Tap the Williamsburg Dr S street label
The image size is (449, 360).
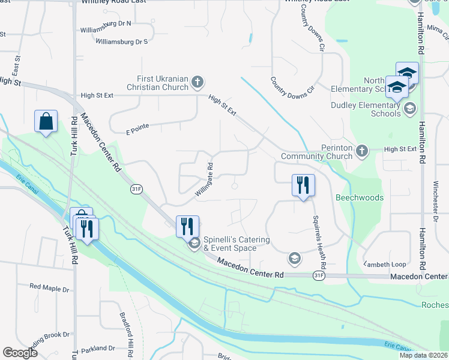pos(122,41)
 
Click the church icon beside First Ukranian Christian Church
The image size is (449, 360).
pos(197,81)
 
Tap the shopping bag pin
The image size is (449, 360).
pos(46,121)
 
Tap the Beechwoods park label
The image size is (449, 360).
pos(360,197)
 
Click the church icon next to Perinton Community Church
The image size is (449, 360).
pos(362,151)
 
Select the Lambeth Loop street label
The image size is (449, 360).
pos(385,264)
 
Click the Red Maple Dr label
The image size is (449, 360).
pos(49,289)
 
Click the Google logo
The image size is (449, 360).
pos(20,353)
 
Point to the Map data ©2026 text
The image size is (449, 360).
pos(423,355)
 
